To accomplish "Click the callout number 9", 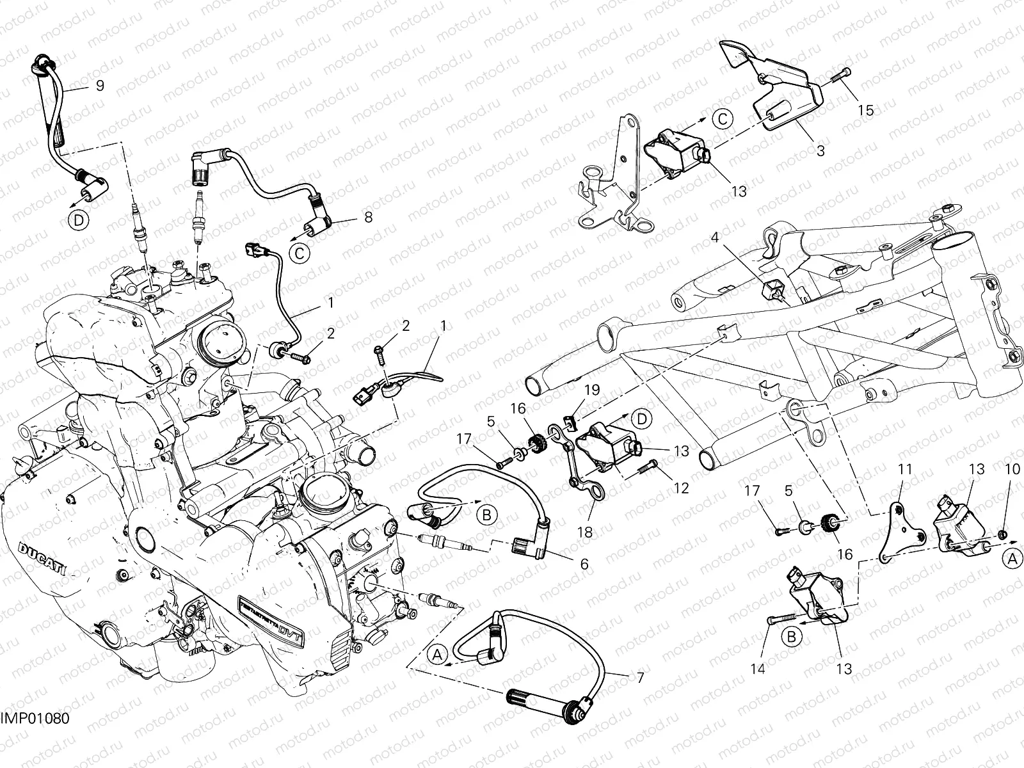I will [100, 85].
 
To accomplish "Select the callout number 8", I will [368, 218].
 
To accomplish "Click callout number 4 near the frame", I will [715, 238].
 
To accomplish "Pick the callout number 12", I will [682, 488].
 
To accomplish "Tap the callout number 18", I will [588, 531].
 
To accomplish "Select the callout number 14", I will [758, 669].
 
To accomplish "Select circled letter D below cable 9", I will [77, 221].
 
